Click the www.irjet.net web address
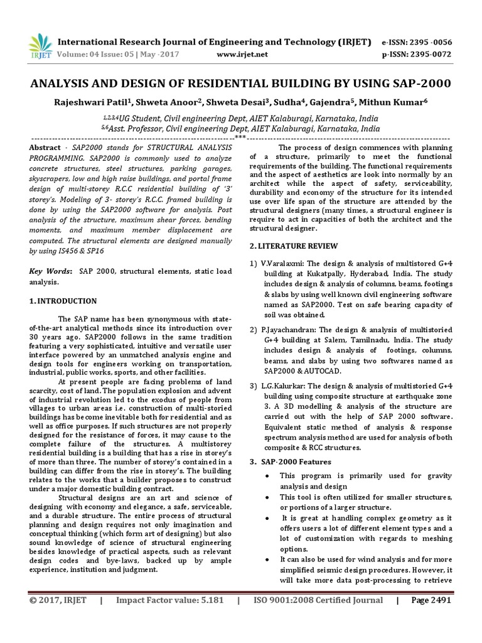[242, 54]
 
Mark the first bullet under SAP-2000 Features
[267, 475]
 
